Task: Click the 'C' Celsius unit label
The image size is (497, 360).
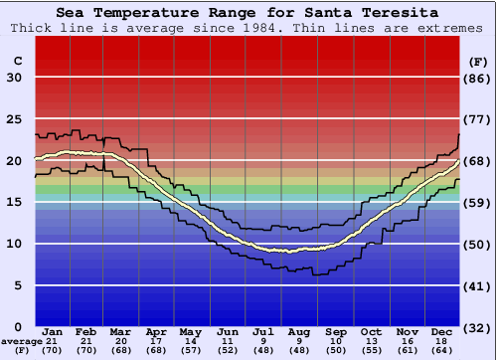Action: click(17, 62)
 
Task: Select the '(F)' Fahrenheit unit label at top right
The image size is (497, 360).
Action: click(478, 62)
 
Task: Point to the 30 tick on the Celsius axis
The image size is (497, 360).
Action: click(14, 78)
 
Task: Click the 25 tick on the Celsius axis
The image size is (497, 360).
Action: click(14, 119)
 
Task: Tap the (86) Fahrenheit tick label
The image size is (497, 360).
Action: click(478, 78)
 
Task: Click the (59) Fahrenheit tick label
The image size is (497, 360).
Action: click(478, 203)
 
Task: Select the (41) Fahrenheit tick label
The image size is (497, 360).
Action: click(478, 286)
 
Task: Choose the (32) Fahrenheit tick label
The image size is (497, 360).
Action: click(478, 327)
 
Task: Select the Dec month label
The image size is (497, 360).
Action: click(442, 331)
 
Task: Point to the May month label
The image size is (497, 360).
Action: click(189, 331)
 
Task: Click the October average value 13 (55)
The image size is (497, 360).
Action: click(371, 346)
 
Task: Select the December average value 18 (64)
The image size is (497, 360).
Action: click(442, 346)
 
